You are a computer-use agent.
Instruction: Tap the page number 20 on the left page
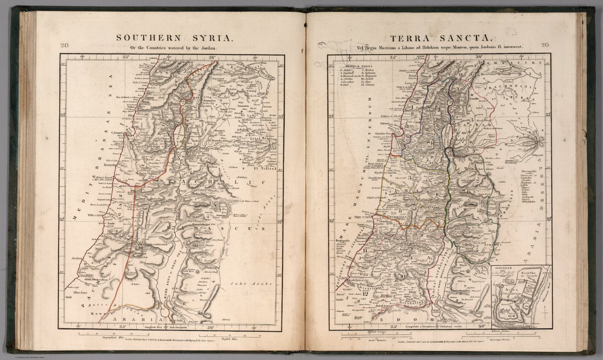64,45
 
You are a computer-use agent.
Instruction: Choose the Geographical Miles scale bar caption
113,337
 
